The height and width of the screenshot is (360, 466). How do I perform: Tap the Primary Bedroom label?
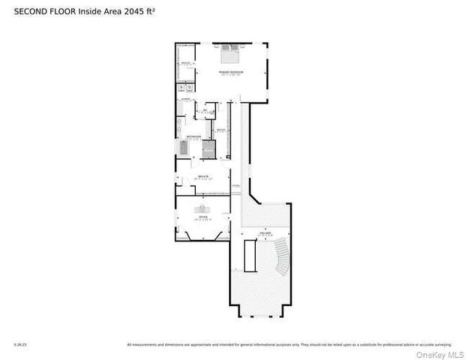coord(230,73)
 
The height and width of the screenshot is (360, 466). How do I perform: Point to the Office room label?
coord(203,218)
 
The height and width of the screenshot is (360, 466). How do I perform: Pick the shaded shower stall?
coord(209,148)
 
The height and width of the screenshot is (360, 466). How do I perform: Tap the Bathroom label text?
coord(194,137)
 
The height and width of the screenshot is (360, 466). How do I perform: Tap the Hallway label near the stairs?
coord(266,235)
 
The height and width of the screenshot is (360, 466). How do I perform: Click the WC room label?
coord(205,112)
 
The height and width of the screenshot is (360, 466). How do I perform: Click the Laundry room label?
coord(184,99)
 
